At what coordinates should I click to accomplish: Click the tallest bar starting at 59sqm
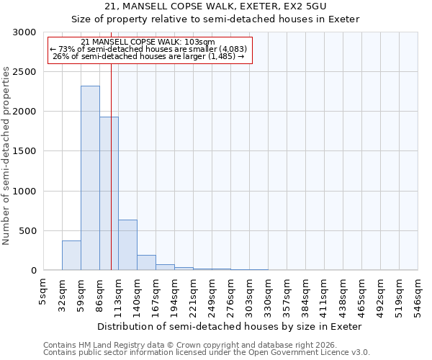[x=90, y=178]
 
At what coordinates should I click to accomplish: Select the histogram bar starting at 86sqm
[x=109, y=193]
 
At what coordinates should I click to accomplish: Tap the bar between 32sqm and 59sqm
[x=71, y=256]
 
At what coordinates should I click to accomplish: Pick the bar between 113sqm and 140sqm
[x=127, y=245]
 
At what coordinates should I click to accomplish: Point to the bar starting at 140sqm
[x=146, y=263]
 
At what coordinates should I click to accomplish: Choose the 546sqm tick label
[x=418, y=292]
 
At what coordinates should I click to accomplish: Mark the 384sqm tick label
[x=306, y=292]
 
